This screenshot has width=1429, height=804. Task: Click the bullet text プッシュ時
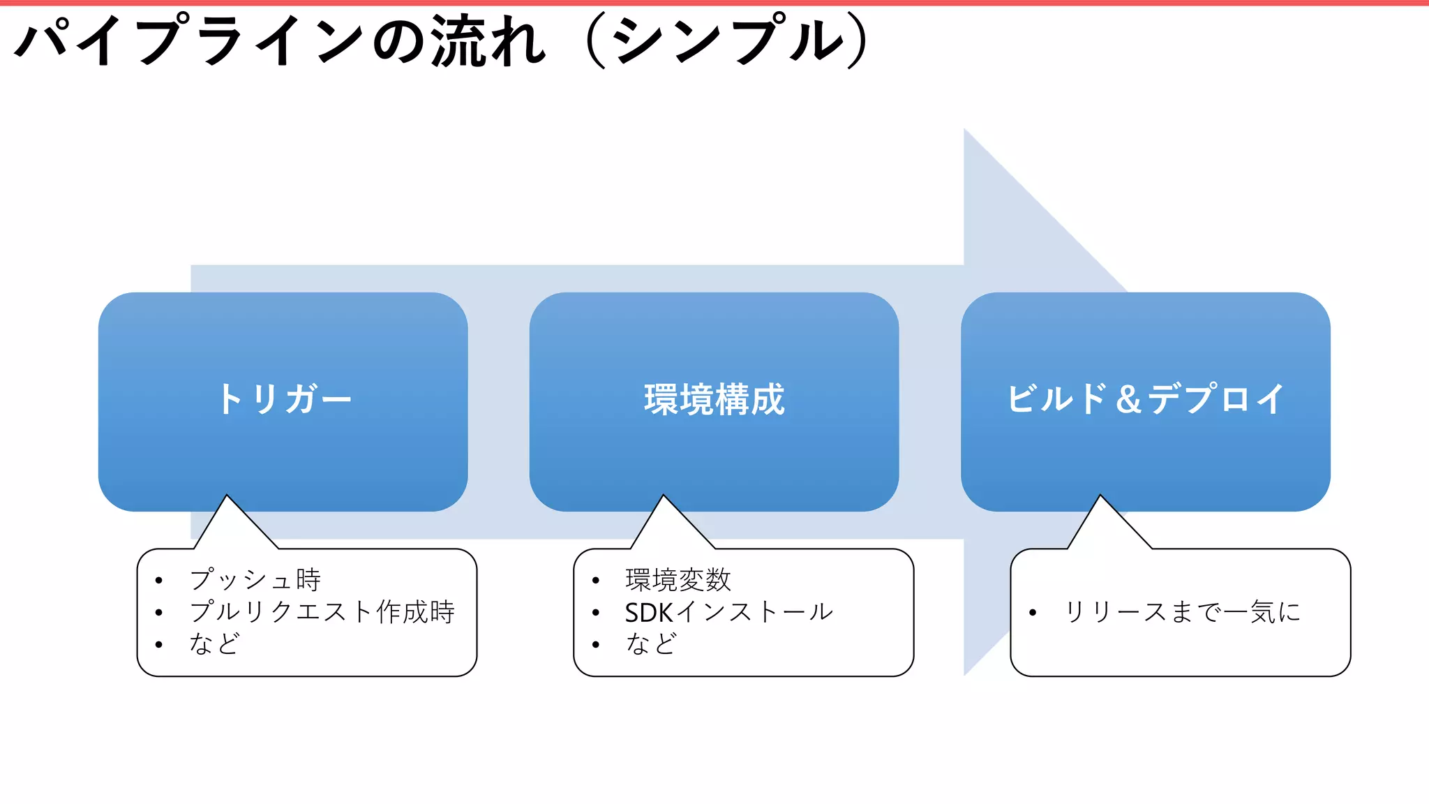255,580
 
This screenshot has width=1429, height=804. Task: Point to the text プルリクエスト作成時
322,612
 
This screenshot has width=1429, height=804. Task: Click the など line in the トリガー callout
214,643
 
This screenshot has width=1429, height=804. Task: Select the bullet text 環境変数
678,580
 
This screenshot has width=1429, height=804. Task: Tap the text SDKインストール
728,612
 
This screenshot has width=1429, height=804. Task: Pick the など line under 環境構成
651,643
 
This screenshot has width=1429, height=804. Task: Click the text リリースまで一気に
1182,612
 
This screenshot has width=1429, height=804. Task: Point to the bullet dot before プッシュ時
159,581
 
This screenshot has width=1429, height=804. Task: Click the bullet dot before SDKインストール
595,613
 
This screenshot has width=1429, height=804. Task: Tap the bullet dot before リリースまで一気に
1032,613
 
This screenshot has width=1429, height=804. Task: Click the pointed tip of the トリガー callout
227,497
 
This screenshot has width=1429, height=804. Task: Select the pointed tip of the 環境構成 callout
664,497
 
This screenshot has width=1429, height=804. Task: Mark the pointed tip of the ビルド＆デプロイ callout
1100,497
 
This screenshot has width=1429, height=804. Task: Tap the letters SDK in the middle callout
649,612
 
